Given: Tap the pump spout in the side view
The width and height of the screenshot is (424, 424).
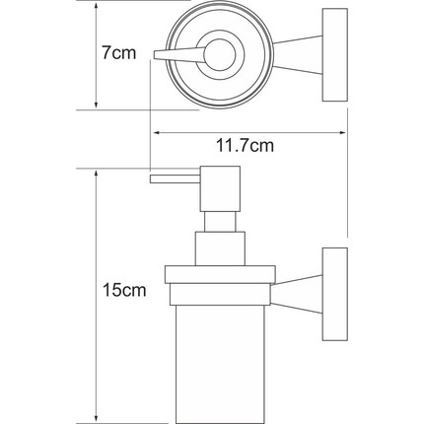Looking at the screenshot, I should click(x=174, y=179).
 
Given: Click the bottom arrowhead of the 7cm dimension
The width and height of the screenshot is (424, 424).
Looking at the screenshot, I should click(x=95, y=106).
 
